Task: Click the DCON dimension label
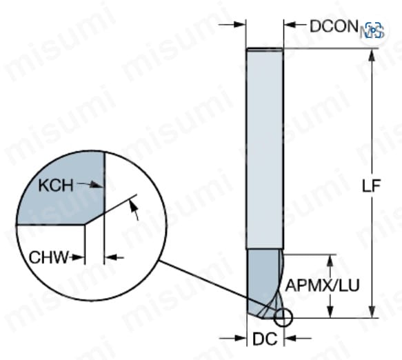coord(334,26)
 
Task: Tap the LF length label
coord(371,185)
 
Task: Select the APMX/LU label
coord(322,285)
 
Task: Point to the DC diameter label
coord(265,339)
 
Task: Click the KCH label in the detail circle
coord(56,185)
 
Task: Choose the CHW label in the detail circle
coord(49,257)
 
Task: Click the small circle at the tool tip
coord(283,318)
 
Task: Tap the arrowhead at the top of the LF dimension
coord(372,56)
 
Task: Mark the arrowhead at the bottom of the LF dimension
coord(372,311)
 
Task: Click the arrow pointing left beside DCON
coord(295,25)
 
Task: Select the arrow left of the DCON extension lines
coord(232,25)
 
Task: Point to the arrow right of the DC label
coord(298,338)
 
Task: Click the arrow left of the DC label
coord(233,338)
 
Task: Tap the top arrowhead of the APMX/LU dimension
coord(330,262)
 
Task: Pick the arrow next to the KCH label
coord(90,185)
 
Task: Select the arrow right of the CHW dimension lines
coord(114,257)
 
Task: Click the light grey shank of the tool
coord(265,148)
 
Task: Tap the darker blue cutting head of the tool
coord(264,282)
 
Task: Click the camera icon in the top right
coord(374,30)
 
